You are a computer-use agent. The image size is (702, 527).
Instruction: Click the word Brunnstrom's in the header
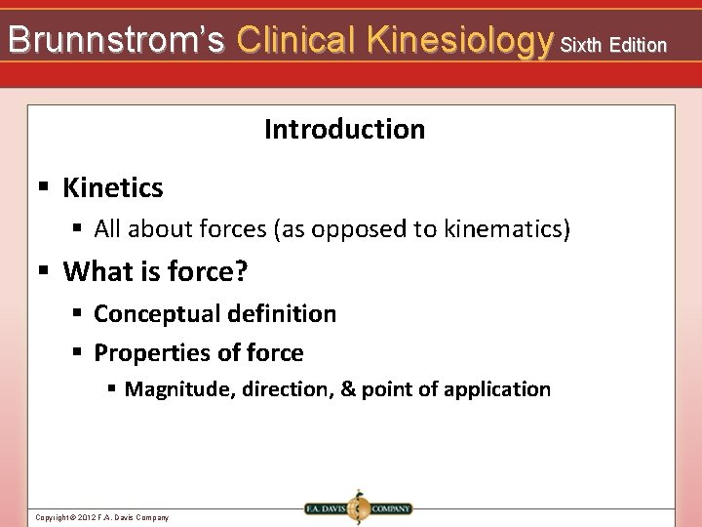116,40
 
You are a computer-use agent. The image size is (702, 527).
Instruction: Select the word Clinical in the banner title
297,40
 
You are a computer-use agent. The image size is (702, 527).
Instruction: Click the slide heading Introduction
344,129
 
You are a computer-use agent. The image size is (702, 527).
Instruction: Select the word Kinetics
113,186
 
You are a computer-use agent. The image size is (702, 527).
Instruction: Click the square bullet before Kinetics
43,185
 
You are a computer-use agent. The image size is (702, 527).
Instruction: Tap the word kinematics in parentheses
504,229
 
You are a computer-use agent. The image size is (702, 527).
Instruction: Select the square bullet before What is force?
43,270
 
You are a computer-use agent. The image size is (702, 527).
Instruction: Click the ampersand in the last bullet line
347,389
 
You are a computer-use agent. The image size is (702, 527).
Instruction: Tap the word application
497,389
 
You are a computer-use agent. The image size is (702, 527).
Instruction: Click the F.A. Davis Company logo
357,508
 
